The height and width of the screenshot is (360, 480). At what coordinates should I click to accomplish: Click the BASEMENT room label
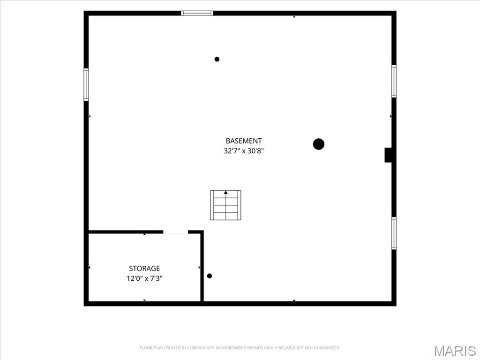244,141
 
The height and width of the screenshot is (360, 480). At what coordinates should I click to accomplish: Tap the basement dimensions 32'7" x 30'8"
244,151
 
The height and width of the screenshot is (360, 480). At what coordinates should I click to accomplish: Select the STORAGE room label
144,269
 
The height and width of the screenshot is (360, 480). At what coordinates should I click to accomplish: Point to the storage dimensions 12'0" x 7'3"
144,278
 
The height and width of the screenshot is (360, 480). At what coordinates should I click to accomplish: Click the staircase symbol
225,205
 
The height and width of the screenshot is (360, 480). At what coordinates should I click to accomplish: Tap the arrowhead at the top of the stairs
225,192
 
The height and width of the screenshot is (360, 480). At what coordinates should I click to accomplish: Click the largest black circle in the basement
319,144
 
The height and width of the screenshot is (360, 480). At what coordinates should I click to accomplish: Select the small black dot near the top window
217,59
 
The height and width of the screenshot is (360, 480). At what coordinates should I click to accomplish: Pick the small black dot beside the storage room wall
210,276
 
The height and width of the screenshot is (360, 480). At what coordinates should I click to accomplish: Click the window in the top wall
197,13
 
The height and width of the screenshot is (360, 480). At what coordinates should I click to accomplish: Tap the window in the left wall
86,84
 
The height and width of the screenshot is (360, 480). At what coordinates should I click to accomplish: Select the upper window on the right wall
394,82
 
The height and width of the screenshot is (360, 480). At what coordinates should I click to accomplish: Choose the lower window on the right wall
394,233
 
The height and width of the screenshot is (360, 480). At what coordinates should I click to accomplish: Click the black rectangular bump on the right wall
388,155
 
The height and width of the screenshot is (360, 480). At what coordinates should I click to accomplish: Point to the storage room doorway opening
175,232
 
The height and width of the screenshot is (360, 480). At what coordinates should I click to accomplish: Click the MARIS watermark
455,351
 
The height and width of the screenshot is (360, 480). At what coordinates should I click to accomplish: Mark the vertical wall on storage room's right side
202,266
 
